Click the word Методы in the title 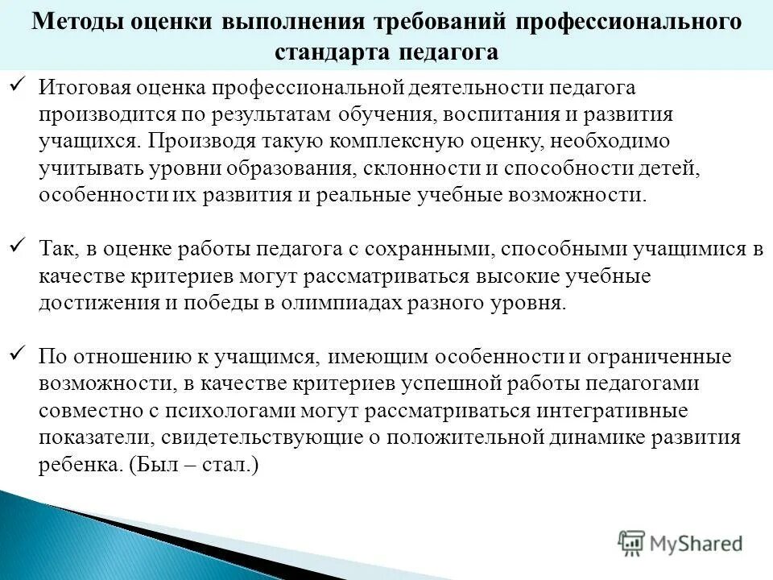[x=73, y=22]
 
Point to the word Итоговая [x=78, y=87]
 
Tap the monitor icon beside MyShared [x=632, y=543]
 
